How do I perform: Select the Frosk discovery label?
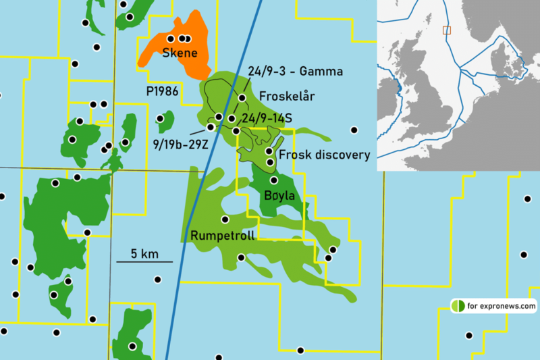coord(325,155)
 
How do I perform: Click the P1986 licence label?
coord(162,91)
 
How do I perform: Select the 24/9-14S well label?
coord(269,119)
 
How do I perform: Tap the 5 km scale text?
coord(144,253)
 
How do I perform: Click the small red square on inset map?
coord(446,30)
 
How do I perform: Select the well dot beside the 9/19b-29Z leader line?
coord(211,127)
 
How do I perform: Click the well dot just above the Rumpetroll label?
coord(225,220)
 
